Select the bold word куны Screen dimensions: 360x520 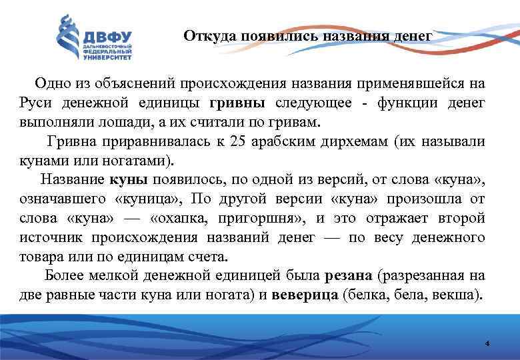pyautogui.click(x=128, y=179)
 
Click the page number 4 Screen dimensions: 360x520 pyautogui.click(x=487, y=344)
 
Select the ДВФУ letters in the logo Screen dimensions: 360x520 pyautogui.click(x=108, y=37)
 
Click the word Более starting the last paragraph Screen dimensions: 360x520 pyautogui.click(x=64, y=275)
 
